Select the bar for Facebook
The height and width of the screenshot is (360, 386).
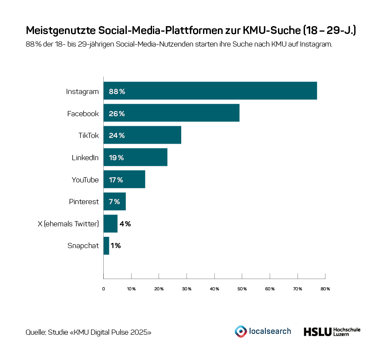click(x=171, y=113)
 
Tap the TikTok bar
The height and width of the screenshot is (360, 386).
click(x=142, y=135)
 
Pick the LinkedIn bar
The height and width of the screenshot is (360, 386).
click(x=135, y=157)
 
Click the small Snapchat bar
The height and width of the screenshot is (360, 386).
click(x=106, y=246)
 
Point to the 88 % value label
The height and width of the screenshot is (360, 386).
click(x=117, y=91)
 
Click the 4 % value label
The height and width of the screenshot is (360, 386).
click(x=125, y=224)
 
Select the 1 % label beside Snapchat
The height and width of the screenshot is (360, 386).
click(x=115, y=246)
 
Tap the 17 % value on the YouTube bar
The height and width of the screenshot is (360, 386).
click(x=116, y=180)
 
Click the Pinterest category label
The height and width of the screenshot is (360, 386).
click(x=84, y=202)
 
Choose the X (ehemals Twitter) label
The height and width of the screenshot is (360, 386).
click(x=68, y=224)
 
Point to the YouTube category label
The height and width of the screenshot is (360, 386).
click(x=85, y=180)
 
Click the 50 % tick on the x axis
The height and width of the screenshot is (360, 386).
click(x=242, y=289)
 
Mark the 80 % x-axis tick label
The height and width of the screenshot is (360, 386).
click(x=325, y=289)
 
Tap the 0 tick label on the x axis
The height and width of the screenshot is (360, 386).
click(x=104, y=289)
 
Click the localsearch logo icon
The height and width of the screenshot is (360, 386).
click(x=240, y=331)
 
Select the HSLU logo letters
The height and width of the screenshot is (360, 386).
click(x=317, y=332)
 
